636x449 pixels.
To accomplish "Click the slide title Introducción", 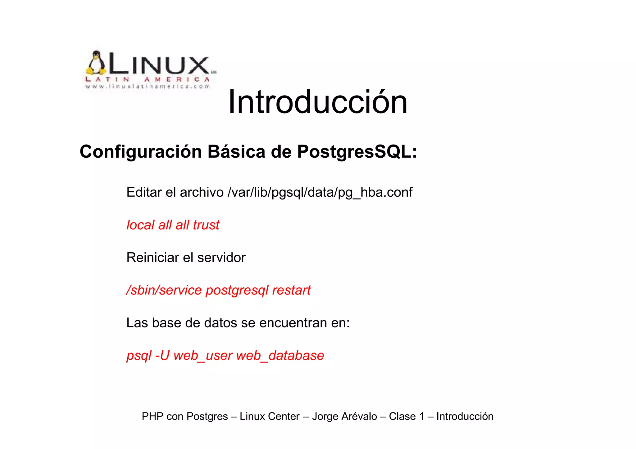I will point(317,102).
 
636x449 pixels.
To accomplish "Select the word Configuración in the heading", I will point(141,152).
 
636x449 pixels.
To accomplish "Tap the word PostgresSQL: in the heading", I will point(357,152).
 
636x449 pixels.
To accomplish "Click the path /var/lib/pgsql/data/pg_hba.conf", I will point(320,193).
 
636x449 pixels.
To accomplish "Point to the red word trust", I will point(206,225).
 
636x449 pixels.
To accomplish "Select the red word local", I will point(140,225).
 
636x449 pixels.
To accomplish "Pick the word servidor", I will point(221,258).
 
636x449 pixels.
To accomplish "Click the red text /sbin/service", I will point(164,290).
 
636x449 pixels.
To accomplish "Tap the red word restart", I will point(291,290).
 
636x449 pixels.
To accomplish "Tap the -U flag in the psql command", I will point(162,356).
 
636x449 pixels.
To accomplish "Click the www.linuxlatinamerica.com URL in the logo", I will point(148,87).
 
